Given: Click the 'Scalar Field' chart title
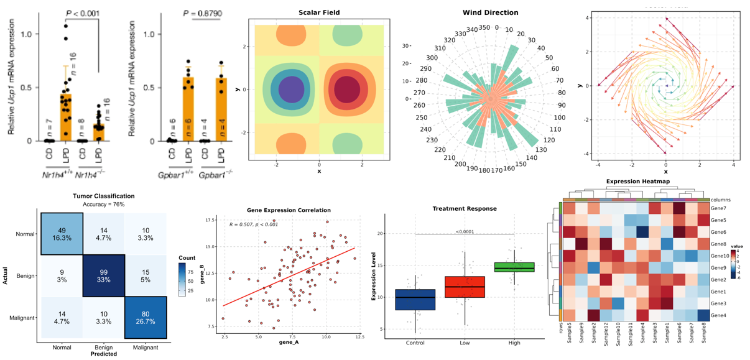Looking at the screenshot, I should pos(318,12).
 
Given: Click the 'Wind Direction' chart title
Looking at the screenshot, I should pos(490,12).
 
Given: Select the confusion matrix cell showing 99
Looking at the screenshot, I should pos(104,275).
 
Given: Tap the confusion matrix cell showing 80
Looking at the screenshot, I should pos(146,318).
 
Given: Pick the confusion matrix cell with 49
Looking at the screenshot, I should pos(62,233).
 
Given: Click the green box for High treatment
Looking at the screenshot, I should pos(514,267).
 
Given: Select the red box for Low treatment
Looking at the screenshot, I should pos(465,287).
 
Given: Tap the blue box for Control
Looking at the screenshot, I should pos(415,300).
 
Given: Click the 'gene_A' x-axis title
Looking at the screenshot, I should pos(289,343).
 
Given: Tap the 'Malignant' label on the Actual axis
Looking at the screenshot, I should pos(22,318).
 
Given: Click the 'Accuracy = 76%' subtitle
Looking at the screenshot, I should pos(103,205).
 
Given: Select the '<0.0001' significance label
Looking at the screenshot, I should pos(465,231).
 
